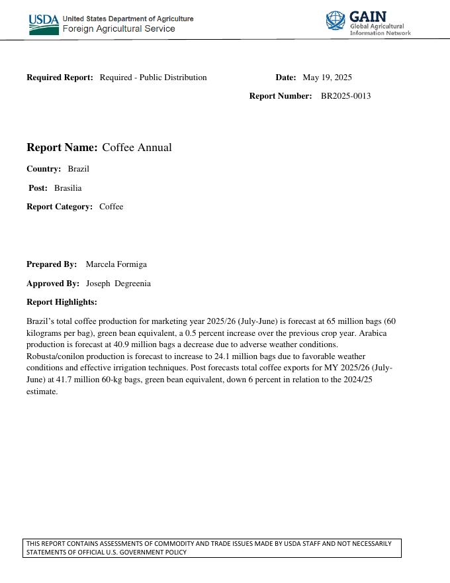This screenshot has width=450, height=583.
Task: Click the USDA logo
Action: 44,25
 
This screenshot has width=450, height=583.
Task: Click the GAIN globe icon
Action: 336,21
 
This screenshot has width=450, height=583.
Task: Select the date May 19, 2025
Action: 327,78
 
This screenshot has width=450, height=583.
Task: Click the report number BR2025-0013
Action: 345,96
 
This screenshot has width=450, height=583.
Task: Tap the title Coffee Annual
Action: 136,148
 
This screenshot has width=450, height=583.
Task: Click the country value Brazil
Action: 78,169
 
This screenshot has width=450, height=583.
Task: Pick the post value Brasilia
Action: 67,188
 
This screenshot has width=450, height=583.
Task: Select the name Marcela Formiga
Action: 116,264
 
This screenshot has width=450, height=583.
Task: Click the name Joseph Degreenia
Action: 118,284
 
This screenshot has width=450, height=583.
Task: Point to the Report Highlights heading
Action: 62,302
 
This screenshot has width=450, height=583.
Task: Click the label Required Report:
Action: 60,78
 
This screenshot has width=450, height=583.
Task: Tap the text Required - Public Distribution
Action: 153,78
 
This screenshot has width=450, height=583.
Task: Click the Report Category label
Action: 60,207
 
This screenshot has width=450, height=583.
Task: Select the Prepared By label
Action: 52,264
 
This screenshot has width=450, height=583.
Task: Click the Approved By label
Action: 53,284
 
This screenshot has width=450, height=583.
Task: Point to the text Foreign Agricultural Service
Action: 118,29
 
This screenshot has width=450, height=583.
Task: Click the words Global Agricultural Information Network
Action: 380,29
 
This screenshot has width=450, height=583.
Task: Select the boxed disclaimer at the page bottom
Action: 212,548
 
